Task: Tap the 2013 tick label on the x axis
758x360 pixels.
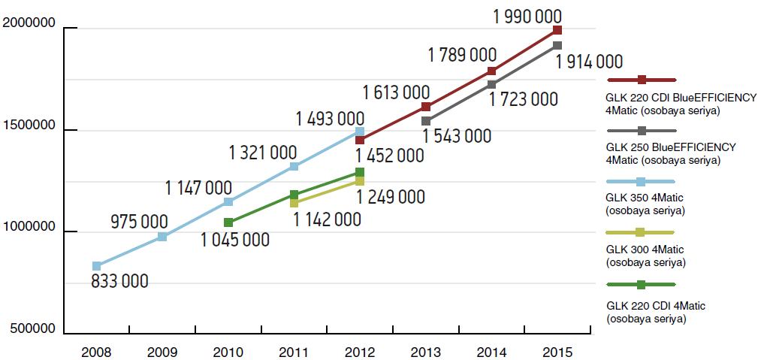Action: [x=426, y=351]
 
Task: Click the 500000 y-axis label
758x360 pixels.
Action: [x=32, y=329]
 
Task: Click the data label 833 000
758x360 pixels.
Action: [x=119, y=282]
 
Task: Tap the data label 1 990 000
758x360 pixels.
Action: [x=527, y=16]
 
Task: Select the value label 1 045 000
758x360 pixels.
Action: [x=234, y=240]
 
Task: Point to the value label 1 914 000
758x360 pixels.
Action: [x=589, y=62]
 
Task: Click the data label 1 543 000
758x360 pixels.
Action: [x=457, y=136]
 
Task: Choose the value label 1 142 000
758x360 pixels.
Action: [x=326, y=219]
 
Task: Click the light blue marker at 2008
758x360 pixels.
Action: [x=97, y=266]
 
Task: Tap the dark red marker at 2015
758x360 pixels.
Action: [x=557, y=30]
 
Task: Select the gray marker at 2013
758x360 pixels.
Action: [x=426, y=121]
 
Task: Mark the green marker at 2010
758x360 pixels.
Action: [x=228, y=222]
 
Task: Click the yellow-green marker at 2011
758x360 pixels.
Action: [x=294, y=203]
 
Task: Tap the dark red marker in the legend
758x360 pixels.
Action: [x=642, y=80]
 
